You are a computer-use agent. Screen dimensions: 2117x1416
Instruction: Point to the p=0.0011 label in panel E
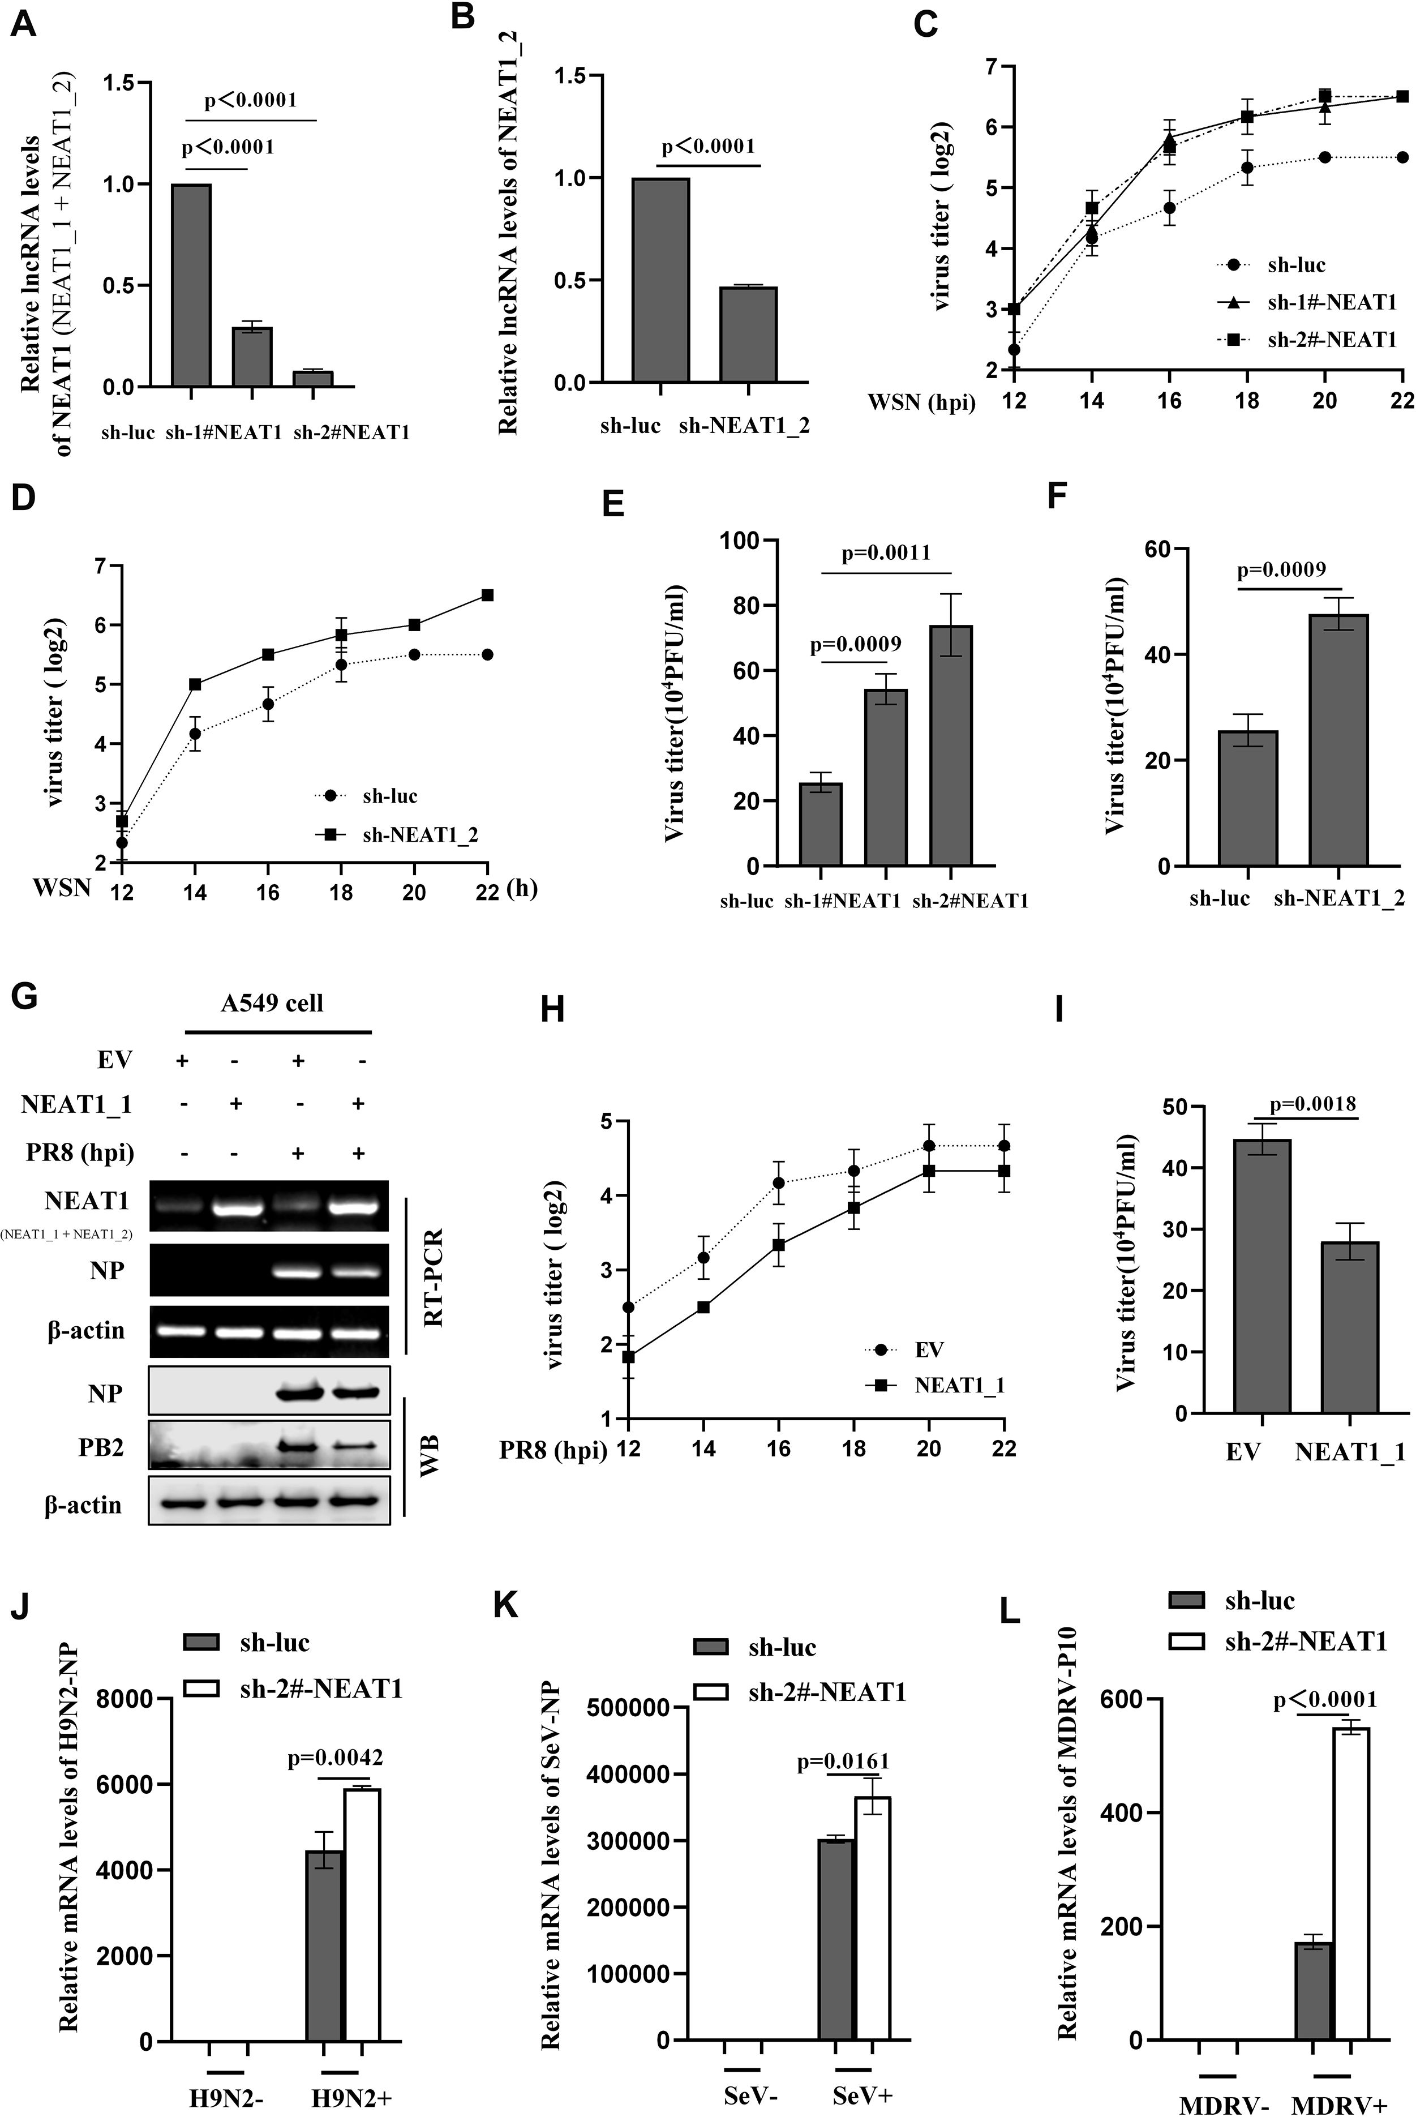(886, 552)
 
